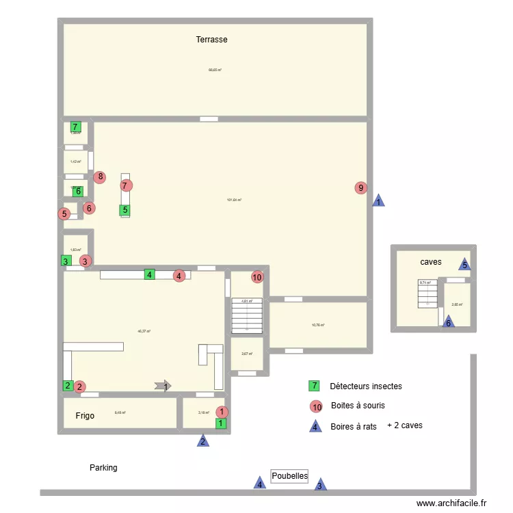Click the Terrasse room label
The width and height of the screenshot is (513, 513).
pos(211,40)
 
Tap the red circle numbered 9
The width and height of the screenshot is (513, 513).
pos(361,187)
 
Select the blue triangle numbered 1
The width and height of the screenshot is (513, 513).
pos(378,201)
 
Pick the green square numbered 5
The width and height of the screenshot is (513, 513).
pos(124,211)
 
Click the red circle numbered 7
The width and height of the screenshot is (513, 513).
pos(125,185)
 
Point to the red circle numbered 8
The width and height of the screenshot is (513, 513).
pos(101,177)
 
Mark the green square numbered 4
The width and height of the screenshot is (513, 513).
pos(149,275)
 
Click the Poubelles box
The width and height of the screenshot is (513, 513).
pos(289,476)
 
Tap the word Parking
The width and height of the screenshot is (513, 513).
pos(103,468)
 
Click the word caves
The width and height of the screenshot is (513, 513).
pos(431,262)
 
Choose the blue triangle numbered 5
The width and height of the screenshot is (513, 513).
pos(464,265)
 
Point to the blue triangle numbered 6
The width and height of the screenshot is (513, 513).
pos(449,322)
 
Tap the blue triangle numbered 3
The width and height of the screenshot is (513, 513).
pos(319,485)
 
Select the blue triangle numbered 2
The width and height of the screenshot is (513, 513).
pos(203,441)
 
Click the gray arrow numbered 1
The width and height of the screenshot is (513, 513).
pos(163,386)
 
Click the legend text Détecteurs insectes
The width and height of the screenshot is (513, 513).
pos(365,386)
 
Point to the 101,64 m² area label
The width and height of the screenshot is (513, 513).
pos(234,200)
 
